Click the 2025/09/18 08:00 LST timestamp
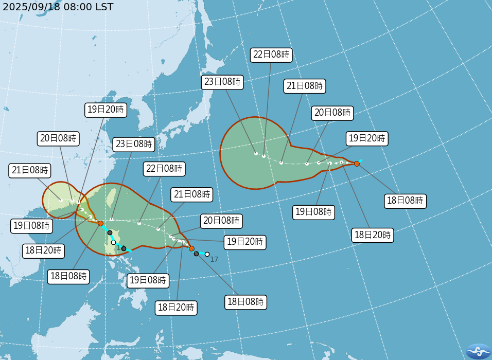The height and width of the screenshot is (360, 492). pyautogui.click(x=58, y=7)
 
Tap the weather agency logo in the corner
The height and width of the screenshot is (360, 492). pyautogui.click(x=478, y=351)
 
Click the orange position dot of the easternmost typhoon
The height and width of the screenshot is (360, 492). pyautogui.click(x=357, y=164)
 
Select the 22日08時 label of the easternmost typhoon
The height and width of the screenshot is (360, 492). pyautogui.click(x=271, y=55)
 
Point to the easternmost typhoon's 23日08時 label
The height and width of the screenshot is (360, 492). pyautogui.click(x=221, y=82)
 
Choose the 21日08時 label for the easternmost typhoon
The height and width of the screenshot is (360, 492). pyautogui.click(x=304, y=86)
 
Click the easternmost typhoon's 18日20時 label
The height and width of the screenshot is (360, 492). pyautogui.click(x=373, y=236)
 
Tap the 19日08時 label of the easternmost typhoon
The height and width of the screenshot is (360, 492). pyautogui.click(x=314, y=212)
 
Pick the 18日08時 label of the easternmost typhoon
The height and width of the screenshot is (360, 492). pyautogui.click(x=406, y=201)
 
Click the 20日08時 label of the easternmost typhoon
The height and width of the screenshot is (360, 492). pyautogui.click(x=332, y=113)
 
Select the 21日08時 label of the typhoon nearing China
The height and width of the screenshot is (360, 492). pyautogui.click(x=30, y=171)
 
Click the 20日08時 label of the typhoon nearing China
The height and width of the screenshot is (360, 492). pyautogui.click(x=58, y=138)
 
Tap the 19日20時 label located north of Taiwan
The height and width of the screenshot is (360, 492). pyautogui.click(x=105, y=110)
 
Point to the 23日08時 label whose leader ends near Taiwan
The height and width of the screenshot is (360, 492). pyautogui.click(x=134, y=145)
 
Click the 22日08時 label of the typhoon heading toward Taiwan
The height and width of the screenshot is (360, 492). pyautogui.click(x=164, y=169)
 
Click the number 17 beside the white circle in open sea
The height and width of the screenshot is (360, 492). pyautogui.click(x=214, y=259)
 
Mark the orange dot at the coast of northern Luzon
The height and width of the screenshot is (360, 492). pyautogui.click(x=100, y=223)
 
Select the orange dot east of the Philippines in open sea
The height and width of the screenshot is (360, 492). pyautogui.click(x=191, y=248)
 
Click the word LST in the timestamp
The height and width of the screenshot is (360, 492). pyautogui.click(x=101, y=7)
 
